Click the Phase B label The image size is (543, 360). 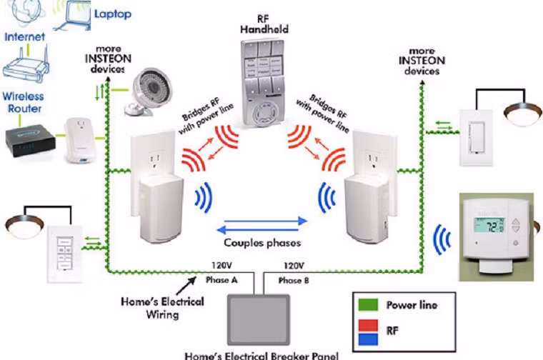click(x=294, y=281)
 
